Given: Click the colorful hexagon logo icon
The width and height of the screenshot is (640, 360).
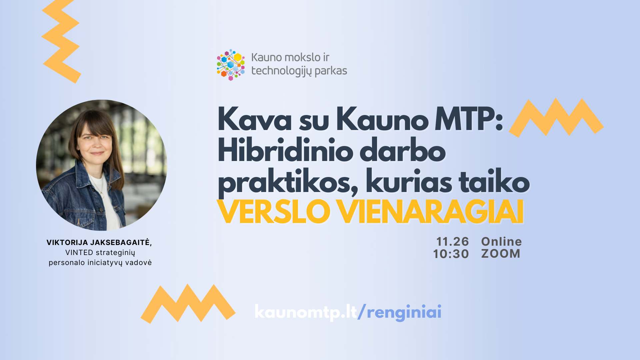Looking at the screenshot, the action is pos(231,65).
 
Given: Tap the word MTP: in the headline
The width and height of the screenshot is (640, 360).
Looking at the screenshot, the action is pos(469,119).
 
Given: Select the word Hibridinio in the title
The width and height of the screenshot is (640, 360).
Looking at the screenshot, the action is pos(285,151).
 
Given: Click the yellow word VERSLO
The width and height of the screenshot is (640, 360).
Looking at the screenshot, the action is pos(273,212).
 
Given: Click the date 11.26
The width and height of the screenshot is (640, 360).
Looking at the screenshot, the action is pos(452,242).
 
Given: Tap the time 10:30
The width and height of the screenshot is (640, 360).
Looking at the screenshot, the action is pos(451,254).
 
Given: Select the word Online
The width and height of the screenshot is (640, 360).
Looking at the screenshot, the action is pos(501,242).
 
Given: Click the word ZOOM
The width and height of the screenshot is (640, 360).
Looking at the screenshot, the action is pos(501,254).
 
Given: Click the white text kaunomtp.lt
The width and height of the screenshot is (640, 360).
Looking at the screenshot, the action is pos(306,312).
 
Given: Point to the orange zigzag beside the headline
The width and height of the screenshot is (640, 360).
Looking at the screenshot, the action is pos(556,117).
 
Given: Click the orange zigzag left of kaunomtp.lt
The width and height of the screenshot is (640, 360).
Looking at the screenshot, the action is pos(188,303).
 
